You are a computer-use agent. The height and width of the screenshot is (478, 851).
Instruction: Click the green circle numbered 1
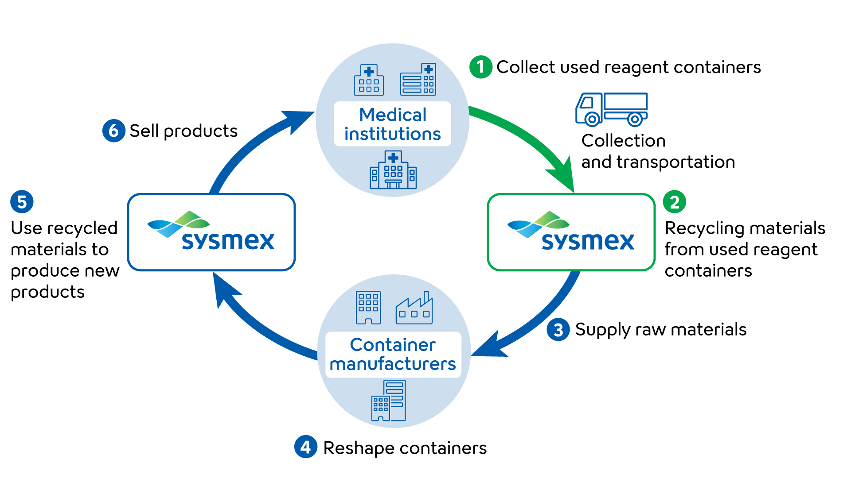click(x=480, y=67)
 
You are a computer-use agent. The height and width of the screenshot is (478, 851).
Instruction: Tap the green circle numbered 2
click(x=674, y=202)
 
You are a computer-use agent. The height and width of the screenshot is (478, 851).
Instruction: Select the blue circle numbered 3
click(x=558, y=330)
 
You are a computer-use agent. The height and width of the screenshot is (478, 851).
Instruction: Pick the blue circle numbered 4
click(x=305, y=447)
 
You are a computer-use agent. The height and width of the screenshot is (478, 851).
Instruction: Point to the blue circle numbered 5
click(x=22, y=202)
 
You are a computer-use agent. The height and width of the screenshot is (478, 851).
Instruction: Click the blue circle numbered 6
click(x=113, y=131)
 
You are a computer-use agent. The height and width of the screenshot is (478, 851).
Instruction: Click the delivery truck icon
click(x=611, y=109)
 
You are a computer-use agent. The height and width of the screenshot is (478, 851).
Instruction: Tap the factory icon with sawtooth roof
click(x=414, y=308)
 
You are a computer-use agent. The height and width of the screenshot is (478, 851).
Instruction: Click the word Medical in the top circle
click(x=393, y=115)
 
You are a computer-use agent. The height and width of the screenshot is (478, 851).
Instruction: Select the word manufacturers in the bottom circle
click(x=393, y=364)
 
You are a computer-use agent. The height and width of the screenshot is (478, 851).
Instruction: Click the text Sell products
click(x=183, y=131)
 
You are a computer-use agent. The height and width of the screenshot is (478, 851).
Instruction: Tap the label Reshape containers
click(x=405, y=448)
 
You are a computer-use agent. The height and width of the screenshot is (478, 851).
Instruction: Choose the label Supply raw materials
click(x=660, y=330)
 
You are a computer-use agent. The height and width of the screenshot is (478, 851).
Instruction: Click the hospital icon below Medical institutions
click(x=393, y=170)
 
